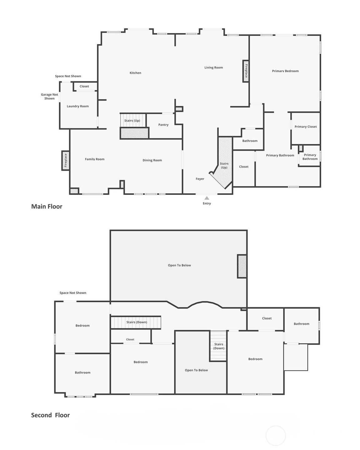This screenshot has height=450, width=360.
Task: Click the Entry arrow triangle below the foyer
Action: [207, 198]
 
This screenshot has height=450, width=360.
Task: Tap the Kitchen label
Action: [135, 73]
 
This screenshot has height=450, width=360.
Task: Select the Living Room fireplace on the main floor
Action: [246, 71]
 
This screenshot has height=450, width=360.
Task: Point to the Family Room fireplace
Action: [65, 160]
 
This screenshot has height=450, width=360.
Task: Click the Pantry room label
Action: [163, 125]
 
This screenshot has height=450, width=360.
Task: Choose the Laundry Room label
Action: [78, 106]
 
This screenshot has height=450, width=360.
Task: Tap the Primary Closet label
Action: [305, 127]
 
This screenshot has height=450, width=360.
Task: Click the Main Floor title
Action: [47, 207]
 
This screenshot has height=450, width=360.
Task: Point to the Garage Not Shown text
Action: [49, 96]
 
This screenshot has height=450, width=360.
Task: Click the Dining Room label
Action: [152, 160]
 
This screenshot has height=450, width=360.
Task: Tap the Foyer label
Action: [200, 179]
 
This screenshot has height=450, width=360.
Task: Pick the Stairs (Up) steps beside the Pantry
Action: [133, 120]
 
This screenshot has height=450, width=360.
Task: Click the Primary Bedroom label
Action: [285, 71]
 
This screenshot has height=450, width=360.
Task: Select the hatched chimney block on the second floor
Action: [242, 266]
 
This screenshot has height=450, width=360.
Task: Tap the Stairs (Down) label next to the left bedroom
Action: [137, 322]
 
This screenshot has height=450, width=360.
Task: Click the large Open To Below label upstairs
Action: [179, 265]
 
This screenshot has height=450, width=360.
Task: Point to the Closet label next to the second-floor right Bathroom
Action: [267, 318]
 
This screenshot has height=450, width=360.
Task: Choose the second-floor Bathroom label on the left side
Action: [82, 373]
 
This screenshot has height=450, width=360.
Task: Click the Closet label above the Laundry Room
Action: [84, 86]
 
